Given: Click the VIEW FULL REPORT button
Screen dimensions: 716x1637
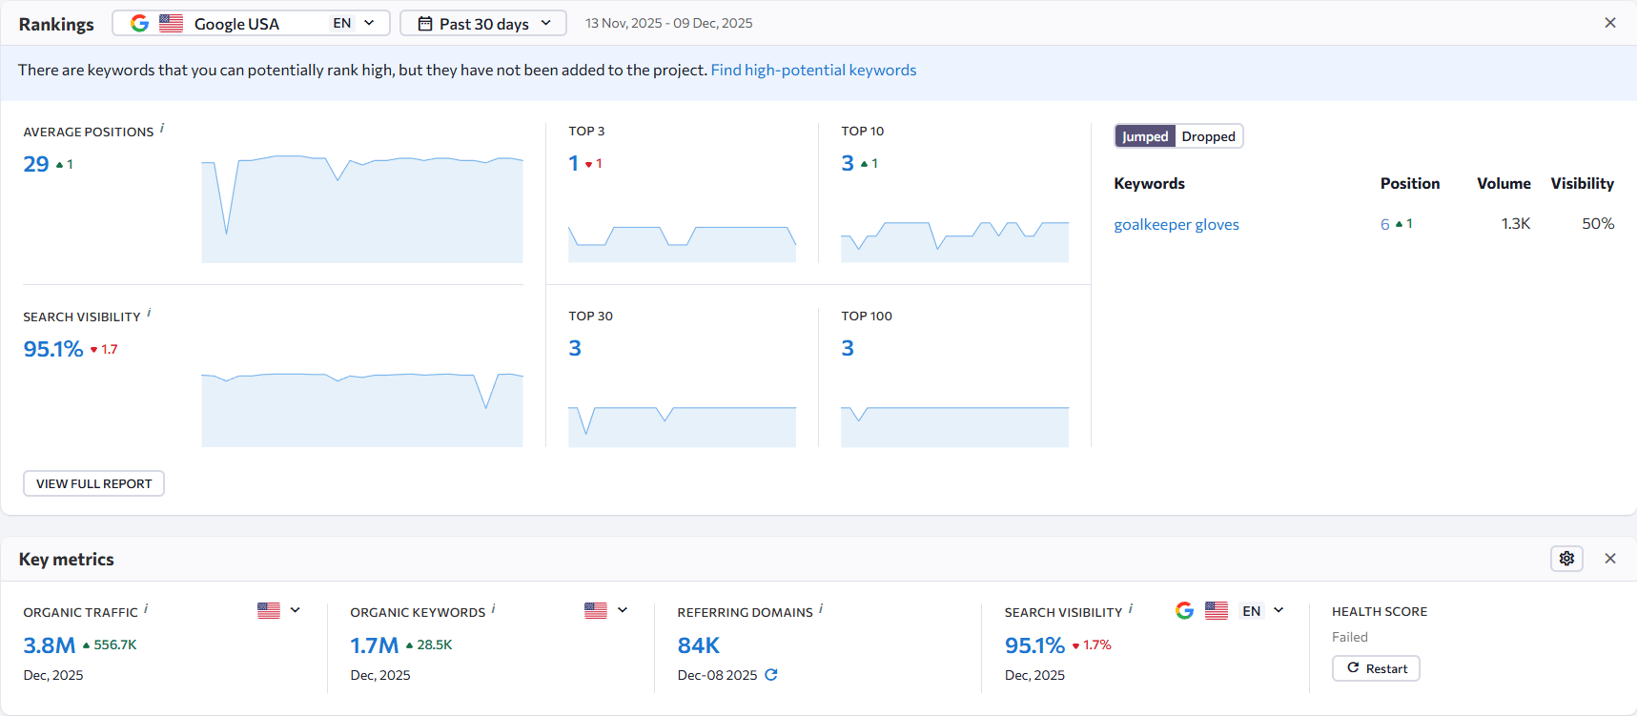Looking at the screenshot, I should [x=93, y=483].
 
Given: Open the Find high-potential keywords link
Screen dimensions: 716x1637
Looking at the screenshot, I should [x=813, y=70].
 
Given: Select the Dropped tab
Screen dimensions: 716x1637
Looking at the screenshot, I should [x=1208, y=136].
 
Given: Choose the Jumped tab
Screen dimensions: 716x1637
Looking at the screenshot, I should [x=1145, y=136].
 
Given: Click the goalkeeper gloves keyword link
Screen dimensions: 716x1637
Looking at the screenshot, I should [x=1177, y=224].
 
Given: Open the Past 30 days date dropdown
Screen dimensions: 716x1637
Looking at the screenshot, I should [x=483, y=23].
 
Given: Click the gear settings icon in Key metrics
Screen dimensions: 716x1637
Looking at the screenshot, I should [x=1566, y=559].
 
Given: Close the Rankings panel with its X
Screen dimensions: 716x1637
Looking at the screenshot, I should [x=1610, y=23].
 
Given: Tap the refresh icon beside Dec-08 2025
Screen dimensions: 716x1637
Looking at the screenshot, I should [x=771, y=674].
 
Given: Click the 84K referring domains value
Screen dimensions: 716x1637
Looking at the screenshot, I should [x=698, y=645].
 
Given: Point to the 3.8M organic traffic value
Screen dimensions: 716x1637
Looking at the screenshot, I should [x=49, y=645].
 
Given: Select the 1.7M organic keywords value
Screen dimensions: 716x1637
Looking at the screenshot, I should [x=374, y=645].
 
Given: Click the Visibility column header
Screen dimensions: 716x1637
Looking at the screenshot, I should [x=1582, y=183].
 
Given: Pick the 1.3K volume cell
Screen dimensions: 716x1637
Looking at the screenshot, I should [x=1515, y=223].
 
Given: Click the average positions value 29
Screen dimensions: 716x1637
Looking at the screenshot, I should [x=36, y=164].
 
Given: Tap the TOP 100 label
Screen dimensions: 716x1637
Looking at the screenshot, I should [x=867, y=316].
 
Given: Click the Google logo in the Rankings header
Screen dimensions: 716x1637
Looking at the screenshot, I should [x=139, y=23].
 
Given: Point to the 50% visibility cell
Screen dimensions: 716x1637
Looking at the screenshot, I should [x=1598, y=223].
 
